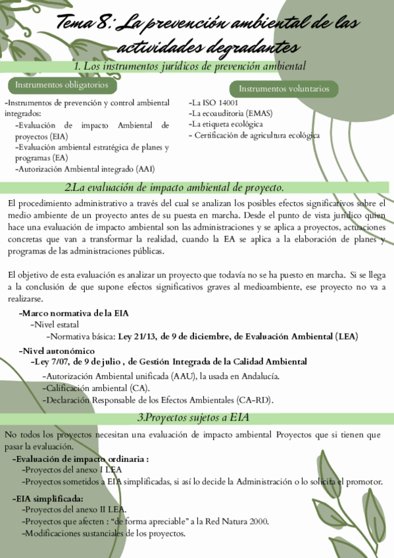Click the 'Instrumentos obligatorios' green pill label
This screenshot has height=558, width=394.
(x=57, y=86)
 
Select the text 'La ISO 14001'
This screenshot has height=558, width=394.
(x=215, y=103)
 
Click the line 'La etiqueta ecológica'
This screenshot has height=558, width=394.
(x=227, y=124)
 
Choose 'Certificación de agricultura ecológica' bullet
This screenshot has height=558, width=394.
(x=257, y=135)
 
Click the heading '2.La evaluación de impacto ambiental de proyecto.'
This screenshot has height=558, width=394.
(x=174, y=188)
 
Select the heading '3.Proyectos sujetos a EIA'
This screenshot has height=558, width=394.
(x=193, y=419)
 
